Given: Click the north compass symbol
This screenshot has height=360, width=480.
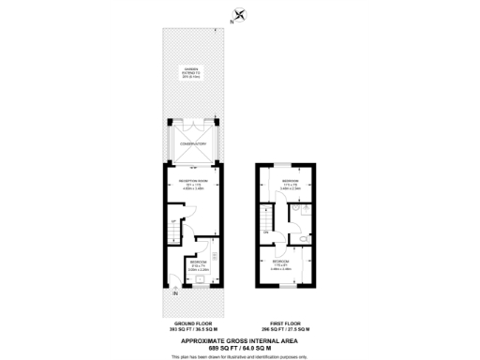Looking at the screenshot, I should (239, 13).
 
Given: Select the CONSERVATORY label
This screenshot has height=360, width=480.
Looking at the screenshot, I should (193, 143).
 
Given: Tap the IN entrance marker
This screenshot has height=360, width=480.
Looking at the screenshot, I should (174, 293).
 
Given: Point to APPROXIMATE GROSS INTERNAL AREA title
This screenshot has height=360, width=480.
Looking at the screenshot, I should (239, 340).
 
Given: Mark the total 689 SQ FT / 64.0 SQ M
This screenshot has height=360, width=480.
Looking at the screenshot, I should (239, 347).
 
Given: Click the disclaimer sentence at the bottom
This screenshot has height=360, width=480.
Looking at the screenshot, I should (239, 355).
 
